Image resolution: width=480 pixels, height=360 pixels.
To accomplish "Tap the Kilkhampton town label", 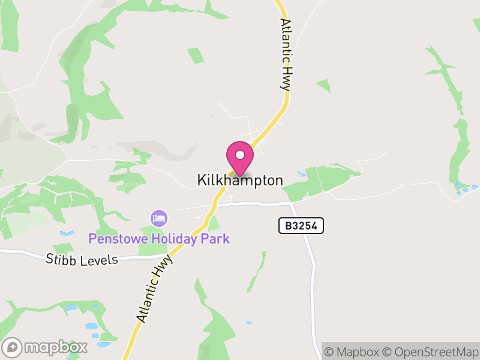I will click(240, 180).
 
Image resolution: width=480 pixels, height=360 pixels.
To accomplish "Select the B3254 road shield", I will click(301, 226).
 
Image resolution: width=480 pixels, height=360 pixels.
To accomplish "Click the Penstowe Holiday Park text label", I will click(159, 239).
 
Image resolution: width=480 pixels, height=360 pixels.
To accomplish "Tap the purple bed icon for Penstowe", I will click(159, 218).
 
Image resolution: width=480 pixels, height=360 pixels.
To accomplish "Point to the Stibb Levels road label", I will click(83, 259).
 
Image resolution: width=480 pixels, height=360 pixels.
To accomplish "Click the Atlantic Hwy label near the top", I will click(286, 54).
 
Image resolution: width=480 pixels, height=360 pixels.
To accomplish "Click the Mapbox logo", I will click(46, 347).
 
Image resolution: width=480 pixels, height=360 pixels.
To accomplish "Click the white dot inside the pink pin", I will click(240, 155).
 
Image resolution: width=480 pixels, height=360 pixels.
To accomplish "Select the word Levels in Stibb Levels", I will click(101, 259).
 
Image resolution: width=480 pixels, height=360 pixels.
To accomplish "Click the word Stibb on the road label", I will click(62, 259).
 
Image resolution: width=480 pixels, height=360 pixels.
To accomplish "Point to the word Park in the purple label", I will click(216, 239).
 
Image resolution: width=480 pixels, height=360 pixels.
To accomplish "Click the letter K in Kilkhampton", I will click(201, 180).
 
